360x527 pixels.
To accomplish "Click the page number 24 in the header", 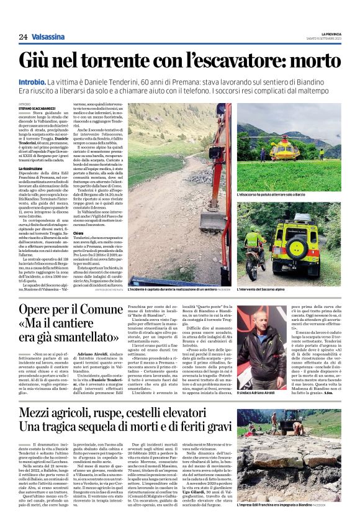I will click(x=22, y=37).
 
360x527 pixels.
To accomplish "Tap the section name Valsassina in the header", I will click(x=50, y=37).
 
